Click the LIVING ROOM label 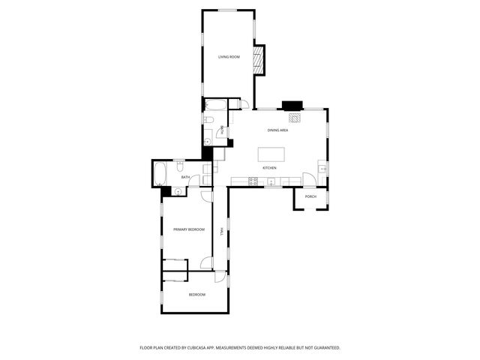(x=229, y=57)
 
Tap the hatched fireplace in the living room (x=259, y=60)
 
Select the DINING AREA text (x=277, y=130)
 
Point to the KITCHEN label (x=270, y=168)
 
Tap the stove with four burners (x=253, y=181)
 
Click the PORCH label (x=310, y=196)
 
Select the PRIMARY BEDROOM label (x=189, y=229)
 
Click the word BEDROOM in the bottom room (x=196, y=295)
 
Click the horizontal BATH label (x=175, y=177)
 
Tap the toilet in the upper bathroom (x=209, y=120)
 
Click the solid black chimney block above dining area (x=291, y=106)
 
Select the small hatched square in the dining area (x=295, y=118)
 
